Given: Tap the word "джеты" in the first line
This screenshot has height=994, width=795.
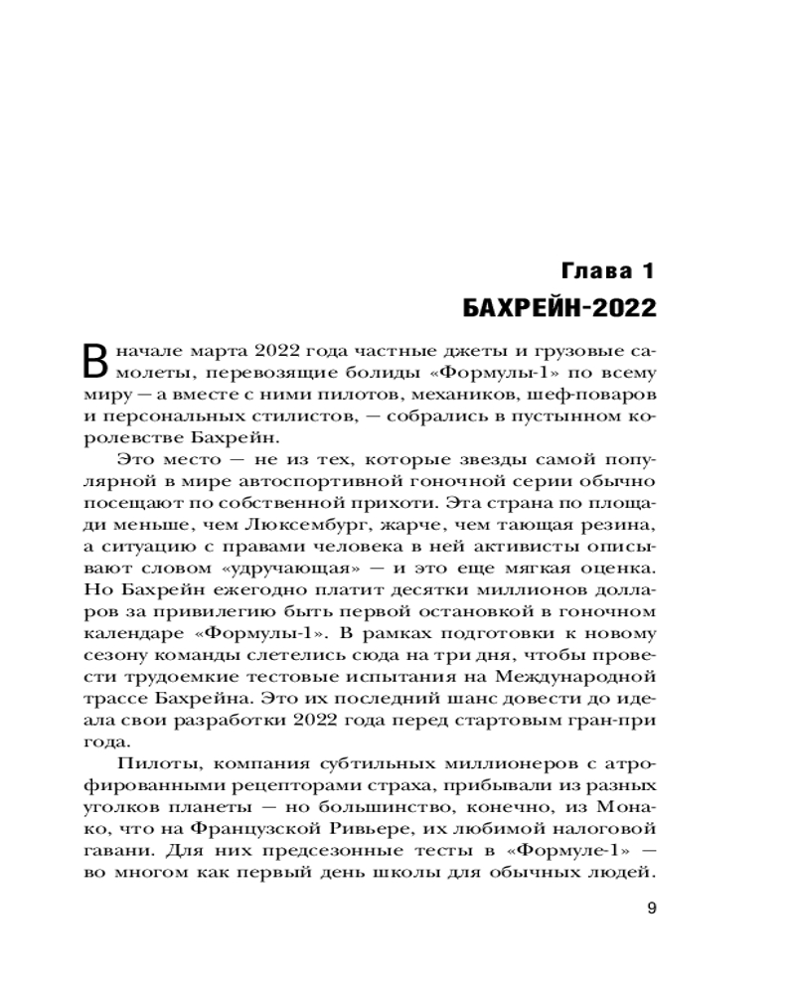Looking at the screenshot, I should pos(453,353).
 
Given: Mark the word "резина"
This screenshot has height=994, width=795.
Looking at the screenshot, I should pos(615,524).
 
